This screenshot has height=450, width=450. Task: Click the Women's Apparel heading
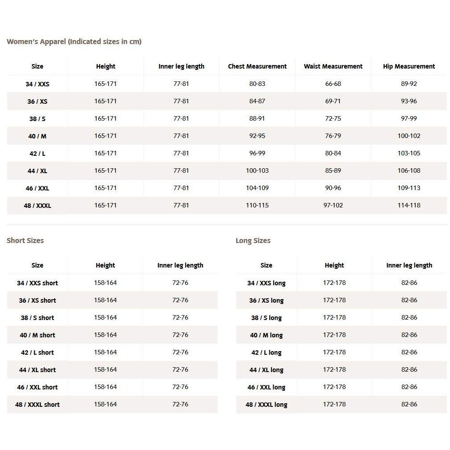click(x=74, y=42)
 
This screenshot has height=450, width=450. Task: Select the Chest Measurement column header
click(x=257, y=66)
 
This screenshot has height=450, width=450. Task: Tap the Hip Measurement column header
click(x=409, y=66)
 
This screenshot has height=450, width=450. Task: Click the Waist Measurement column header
click(x=333, y=66)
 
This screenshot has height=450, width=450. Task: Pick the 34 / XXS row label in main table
click(x=37, y=84)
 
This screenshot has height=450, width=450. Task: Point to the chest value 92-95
click(x=257, y=136)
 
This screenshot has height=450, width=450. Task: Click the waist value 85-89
click(x=333, y=170)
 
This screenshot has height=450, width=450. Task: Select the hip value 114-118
click(x=409, y=205)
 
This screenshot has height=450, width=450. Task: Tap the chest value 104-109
click(x=257, y=188)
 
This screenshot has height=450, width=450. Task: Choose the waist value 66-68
click(x=333, y=84)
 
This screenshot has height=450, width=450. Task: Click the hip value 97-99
click(x=409, y=118)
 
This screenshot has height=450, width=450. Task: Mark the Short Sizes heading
click(x=25, y=241)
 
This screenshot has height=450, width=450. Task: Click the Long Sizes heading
click(x=253, y=241)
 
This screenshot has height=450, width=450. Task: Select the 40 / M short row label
click(x=37, y=335)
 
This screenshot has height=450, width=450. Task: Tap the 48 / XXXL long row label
click(x=266, y=405)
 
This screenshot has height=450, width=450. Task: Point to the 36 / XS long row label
click(x=266, y=300)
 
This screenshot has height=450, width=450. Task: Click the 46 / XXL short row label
click(x=37, y=387)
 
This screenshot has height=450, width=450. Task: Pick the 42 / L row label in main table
click(x=37, y=154)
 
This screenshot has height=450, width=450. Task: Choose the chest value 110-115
click(x=257, y=205)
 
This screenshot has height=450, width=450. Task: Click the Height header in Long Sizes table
click(x=334, y=265)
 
